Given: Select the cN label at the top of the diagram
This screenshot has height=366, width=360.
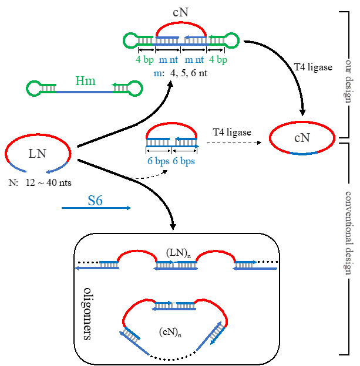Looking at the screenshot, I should [180, 12].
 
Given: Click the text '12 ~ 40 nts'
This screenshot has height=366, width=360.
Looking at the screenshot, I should [45, 182].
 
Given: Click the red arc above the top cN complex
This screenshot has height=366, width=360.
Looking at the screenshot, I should [180, 26].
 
